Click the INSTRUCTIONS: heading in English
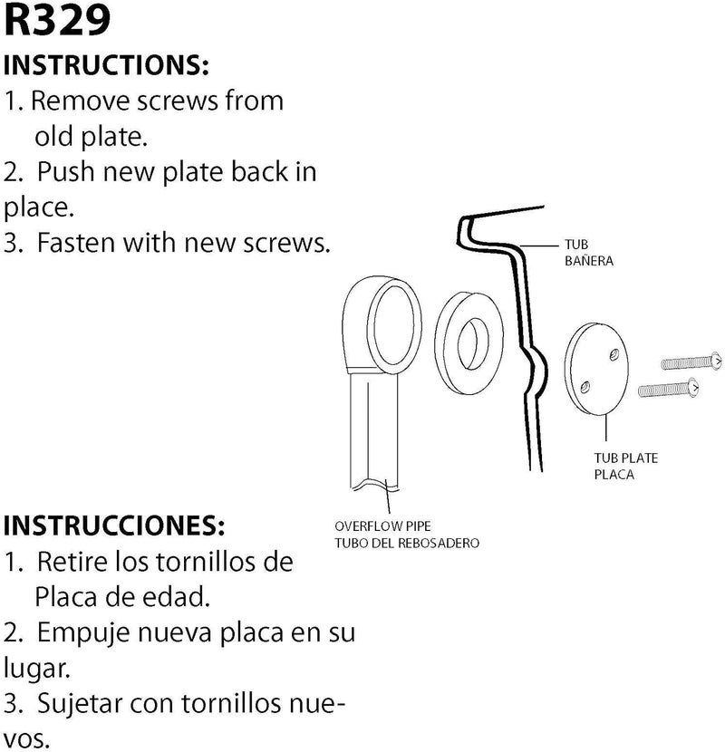(x=107, y=65)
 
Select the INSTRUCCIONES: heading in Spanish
(x=114, y=525)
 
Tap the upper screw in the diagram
(x=691, y=362)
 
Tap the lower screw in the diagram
(x=669, y=388)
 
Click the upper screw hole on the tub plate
(x=614, y=355)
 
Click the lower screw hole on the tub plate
(x=585, y=387)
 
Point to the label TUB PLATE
(x=625, y=458)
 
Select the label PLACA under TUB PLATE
(x=614, y=475)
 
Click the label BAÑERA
(x=589, y=261)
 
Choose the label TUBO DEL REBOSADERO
(x=407, y=543)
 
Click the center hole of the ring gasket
(x=472, y=343)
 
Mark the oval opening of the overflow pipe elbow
(x=394, y=324)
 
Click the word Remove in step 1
(x=81, y=101)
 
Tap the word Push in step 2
(x=66, y=172)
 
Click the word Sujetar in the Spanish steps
(x=79, y=705)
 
